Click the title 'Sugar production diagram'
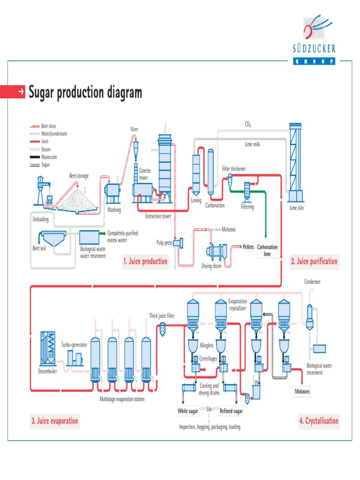[85, 92]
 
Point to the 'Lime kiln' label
[297, 208]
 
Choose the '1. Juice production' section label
[145, 262]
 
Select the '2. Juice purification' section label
[314, 262]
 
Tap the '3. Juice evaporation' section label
[54, 421]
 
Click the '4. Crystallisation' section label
[318, 421]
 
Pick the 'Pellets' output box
[248, 247]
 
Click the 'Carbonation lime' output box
[267, 250]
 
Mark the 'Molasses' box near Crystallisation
[302, 391]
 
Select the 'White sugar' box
[187, 411]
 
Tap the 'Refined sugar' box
[231, 411]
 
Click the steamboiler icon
[48, 349]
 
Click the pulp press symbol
[178, 242]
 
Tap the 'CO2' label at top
[247, 125]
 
